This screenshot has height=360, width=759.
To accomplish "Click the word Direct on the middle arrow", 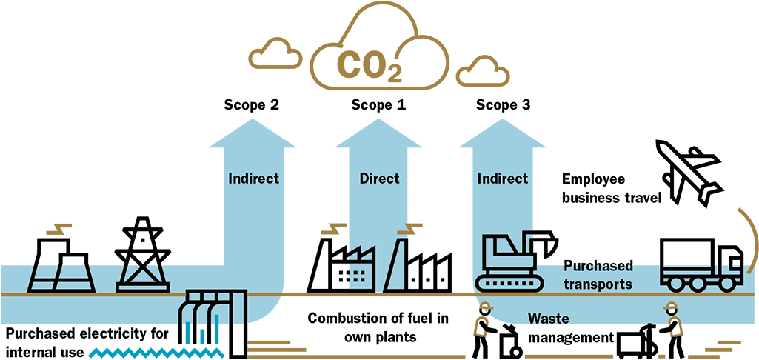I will (379, 179).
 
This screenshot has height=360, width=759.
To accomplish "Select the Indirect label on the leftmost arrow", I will (253, 179).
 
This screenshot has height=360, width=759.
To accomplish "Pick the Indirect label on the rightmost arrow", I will (503, 179).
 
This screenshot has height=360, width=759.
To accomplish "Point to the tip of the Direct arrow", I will (378, 121).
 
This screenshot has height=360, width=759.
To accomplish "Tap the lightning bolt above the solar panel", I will (59, 228).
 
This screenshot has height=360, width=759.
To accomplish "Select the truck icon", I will (701, 276).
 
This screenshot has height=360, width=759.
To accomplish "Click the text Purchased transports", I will (598, 276).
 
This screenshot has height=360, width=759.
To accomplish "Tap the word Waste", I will (548, 319).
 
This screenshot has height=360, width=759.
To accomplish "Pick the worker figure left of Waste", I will (484, 320).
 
